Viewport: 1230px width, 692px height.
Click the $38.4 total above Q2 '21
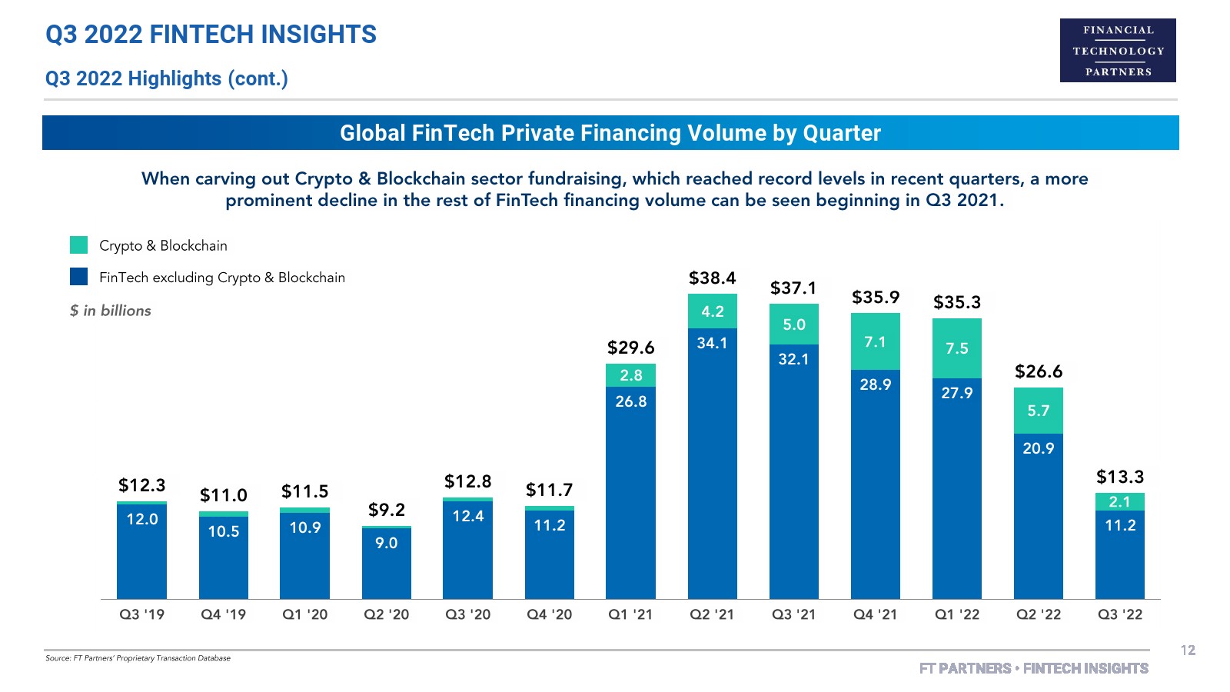[712, 278]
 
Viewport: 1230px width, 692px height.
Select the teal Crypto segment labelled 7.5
[956, 348]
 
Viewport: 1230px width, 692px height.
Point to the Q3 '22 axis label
[1119, 614]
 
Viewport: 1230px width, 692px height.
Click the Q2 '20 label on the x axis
[386, 614]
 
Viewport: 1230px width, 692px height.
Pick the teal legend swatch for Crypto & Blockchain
[78, 245]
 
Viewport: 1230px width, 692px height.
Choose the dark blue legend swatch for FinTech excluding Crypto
[78, 277]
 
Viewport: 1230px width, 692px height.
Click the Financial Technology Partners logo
[1118, 51]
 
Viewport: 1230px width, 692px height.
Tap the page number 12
[1188, 650]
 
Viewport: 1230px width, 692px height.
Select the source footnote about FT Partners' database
[138, 658]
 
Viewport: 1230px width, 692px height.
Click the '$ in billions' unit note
[110, 311]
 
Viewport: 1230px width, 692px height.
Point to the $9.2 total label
[386, 510]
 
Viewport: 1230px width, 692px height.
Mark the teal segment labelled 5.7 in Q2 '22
[1038, 411]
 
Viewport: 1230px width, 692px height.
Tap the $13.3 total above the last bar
[1119, 477]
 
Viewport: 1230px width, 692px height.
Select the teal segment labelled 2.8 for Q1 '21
[630, 375]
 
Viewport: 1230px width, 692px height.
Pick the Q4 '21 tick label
[875, 614]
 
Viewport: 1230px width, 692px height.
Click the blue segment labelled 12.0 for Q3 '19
[141, 551]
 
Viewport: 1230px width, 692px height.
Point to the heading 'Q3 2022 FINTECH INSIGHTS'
[211, 35]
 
